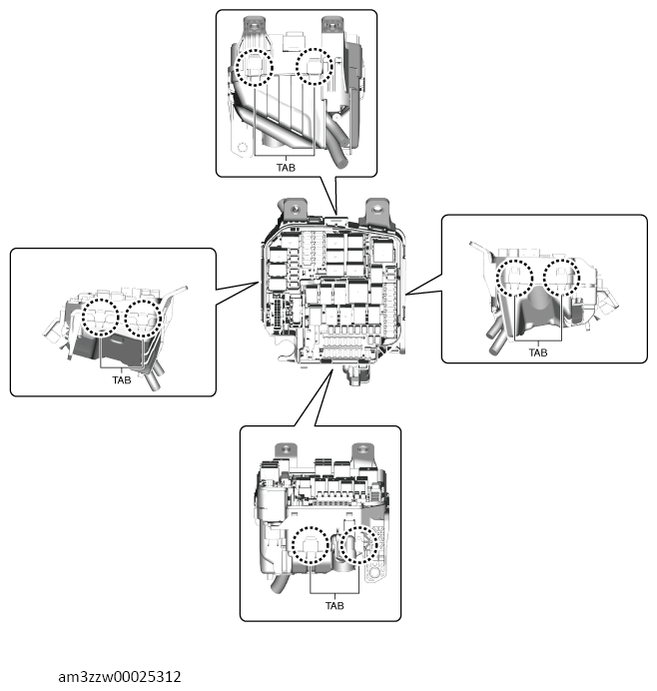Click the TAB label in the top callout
(286, 168)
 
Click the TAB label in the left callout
(122, 379)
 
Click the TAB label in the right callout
(538, 352)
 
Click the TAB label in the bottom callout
(334, 605)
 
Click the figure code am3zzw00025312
(120, 676)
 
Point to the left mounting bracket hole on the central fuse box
(297, 209)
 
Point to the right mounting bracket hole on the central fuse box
(376, 209)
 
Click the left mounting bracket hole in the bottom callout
(286, 449)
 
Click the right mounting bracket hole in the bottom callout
(362, 449)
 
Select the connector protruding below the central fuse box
(357, 374)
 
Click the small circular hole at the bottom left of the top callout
(242, 147)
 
